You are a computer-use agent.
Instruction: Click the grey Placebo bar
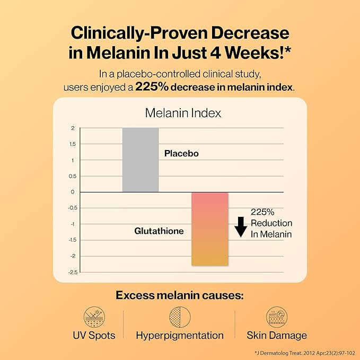pos(141,160)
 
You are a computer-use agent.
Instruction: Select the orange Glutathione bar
pos(210,229)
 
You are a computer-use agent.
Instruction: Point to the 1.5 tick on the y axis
pos(72,144)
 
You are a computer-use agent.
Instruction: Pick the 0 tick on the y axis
pos(73,192)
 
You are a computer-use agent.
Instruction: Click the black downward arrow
pos(241,226)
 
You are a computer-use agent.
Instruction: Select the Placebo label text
pos(181,153)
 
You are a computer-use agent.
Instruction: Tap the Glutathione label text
pos(159,231)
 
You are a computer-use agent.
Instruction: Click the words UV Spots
pos(94,336)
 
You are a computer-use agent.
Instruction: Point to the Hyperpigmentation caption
pos(180,336)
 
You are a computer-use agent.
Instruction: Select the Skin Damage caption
pos(276,336)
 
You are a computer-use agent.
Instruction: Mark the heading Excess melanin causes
pos(180,295)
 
